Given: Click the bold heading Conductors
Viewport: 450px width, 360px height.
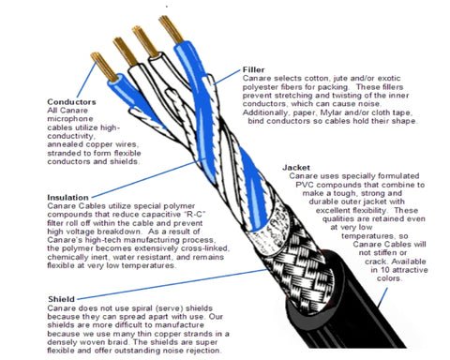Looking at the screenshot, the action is click(71, 102).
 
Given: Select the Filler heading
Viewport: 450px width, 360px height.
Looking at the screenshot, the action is click(253, 69).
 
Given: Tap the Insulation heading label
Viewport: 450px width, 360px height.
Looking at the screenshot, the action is click(67, 198).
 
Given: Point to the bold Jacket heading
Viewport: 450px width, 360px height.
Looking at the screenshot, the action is click(296, 168).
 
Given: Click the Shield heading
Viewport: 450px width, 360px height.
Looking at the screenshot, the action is click(61, 299).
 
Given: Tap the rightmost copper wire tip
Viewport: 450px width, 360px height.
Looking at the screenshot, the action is click(171, 29).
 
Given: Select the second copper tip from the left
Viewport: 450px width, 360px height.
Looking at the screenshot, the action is click(125, 52).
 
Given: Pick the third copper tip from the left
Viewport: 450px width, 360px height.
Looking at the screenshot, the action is click(145, 41).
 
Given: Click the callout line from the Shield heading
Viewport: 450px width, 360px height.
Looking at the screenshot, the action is click(172, 284).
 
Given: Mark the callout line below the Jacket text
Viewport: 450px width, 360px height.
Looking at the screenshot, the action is click(382, 298).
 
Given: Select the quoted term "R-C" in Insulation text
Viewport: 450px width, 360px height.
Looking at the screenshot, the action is click(196, 215).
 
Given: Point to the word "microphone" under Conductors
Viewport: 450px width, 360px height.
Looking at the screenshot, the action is click(70, 119).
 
